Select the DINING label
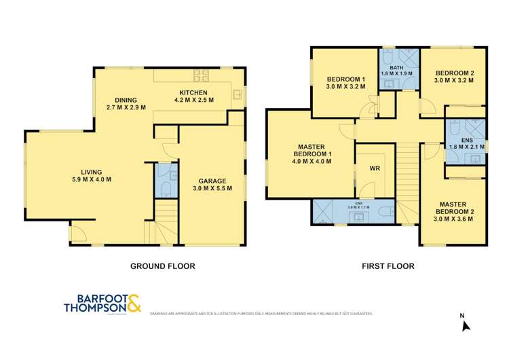[126, 99]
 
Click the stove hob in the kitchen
[201, 73]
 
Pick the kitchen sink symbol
[237, 94]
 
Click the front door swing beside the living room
[78, 235]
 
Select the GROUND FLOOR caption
[162, 266]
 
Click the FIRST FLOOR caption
[388, 266]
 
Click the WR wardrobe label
[375, 168]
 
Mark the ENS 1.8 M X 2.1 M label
[466, 144]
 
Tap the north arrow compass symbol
[466, 325]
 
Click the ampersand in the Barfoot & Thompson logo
[132, 303]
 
